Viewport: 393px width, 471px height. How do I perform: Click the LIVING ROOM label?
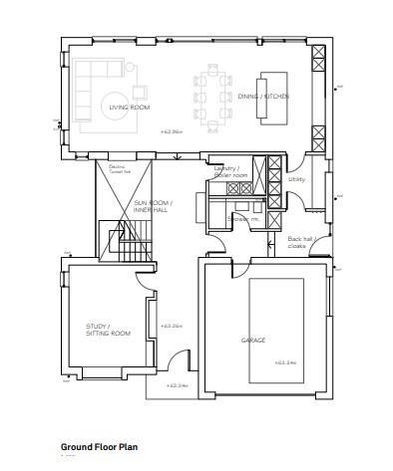tap(129, 107)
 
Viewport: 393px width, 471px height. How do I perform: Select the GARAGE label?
tap(252, 340)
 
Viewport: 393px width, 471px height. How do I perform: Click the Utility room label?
tap(296, 179)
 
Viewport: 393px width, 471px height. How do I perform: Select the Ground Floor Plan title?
tap(101, 447)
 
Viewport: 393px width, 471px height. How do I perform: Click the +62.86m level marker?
tap(174, 131)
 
